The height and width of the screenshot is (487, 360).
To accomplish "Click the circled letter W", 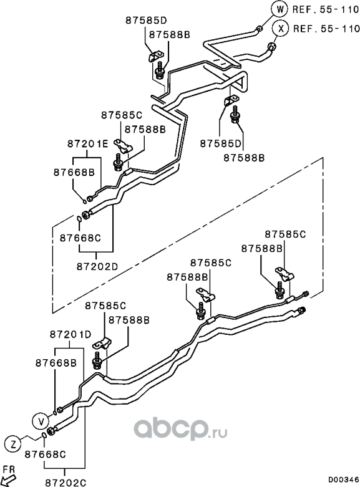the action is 280,9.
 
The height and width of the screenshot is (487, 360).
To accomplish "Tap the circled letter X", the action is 281,29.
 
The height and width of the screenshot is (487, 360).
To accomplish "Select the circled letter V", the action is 41,422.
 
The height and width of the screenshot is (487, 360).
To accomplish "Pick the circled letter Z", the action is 13,445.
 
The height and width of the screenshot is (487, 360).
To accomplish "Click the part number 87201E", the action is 88,144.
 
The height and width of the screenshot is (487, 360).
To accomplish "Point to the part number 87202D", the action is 97,266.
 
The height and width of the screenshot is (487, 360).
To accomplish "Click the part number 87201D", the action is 71,334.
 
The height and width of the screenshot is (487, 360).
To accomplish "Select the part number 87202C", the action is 66,483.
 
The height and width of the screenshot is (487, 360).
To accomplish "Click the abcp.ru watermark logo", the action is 180,429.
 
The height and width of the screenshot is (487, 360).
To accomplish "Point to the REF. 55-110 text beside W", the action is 326,9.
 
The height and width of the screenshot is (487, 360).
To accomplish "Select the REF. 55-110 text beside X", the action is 326,29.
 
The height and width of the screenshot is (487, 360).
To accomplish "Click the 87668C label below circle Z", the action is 45,455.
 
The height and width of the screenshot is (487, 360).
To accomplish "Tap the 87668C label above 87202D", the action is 80,238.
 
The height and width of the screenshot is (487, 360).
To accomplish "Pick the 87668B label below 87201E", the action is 74,172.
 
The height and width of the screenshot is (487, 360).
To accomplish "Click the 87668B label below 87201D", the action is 56,363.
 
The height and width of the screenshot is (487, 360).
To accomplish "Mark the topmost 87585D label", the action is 147,21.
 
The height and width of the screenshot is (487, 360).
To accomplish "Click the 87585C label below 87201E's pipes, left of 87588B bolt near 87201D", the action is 105,306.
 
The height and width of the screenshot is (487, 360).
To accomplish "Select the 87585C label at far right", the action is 285,234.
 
